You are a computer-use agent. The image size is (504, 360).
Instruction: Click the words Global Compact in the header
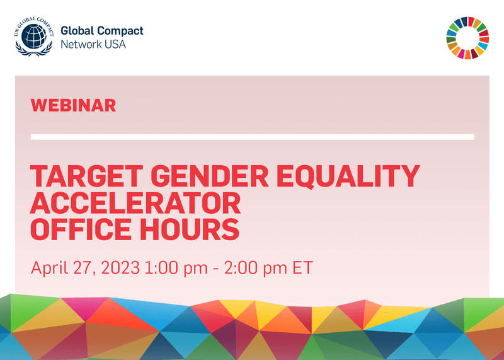pos(101,30)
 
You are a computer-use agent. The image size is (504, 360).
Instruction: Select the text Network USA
pos(92,44)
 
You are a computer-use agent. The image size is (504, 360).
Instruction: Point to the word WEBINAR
pos(73,105)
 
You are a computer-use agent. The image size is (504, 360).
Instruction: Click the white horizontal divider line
pos(252,137)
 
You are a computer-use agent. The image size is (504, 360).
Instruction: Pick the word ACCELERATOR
pos(136,202)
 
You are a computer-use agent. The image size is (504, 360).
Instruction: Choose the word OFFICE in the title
pos(83,229)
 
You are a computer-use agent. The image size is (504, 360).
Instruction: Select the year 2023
pos(122,267)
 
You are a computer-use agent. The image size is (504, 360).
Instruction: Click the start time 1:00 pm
pos(176,267)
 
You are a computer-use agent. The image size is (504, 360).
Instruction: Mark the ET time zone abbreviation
pos(301,267)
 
